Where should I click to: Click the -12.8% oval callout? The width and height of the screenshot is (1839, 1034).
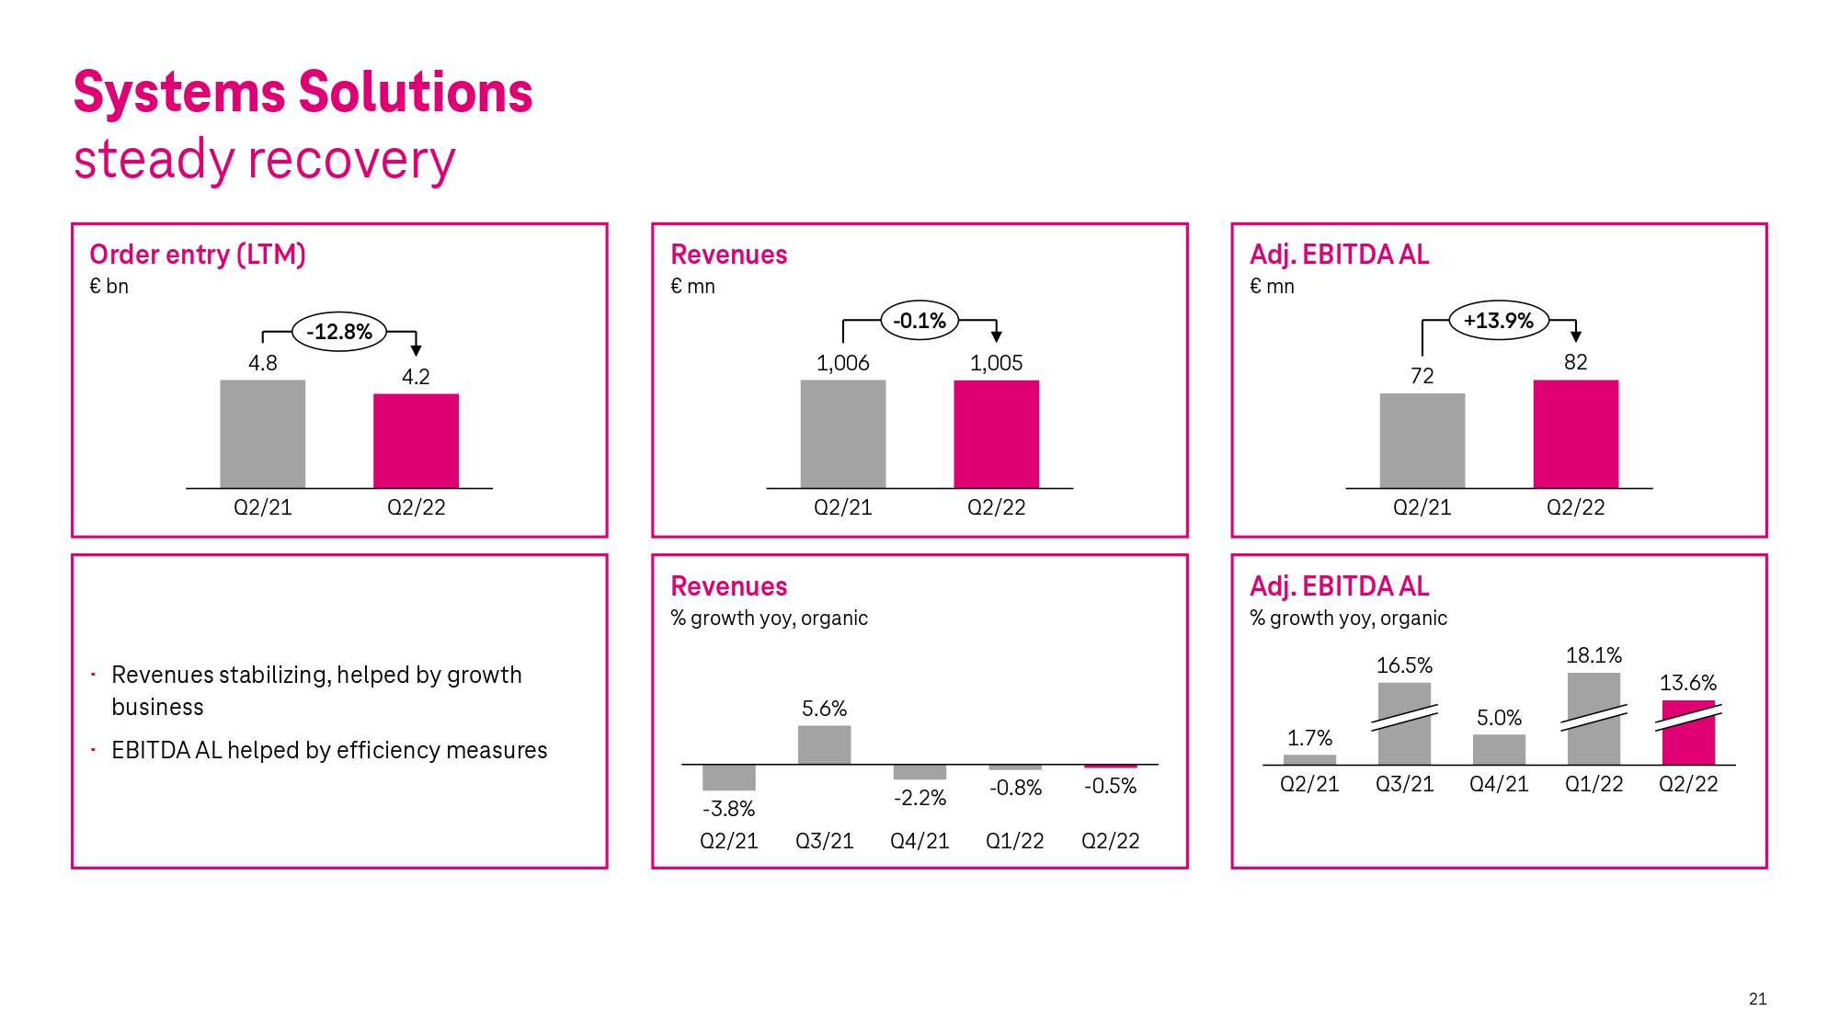(339, 332)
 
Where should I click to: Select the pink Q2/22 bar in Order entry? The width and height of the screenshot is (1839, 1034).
(416, 440)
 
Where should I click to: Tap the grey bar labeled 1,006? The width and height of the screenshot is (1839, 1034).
(842, 434)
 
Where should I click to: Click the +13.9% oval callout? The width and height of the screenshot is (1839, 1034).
(1499, 321)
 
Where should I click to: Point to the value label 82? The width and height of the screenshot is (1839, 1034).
(1575, 362)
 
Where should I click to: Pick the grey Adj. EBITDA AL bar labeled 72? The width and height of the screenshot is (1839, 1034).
(1422, 440)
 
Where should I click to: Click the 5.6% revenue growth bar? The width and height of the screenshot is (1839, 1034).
(824, 744)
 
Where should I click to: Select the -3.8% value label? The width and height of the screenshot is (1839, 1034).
(728, 809)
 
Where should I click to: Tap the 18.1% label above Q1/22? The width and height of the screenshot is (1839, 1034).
(1593, 655)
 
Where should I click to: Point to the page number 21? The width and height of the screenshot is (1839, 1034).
(1757, 999)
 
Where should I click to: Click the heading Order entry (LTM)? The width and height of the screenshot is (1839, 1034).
(198, 255)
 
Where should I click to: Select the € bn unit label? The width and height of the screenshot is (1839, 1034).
(109, 287)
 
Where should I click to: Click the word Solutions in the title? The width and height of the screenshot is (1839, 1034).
(416, 93)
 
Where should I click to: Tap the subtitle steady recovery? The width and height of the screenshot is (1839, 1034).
(265, 160)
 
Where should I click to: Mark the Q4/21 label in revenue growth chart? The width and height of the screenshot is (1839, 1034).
(919, 841)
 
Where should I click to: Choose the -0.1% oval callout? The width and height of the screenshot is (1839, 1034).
(919, 321)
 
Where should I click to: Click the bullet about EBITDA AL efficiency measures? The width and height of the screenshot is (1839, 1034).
(329, 751)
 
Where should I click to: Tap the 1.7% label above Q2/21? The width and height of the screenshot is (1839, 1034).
(1308, 738)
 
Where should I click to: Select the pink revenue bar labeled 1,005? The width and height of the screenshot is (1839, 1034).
(996, 434)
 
